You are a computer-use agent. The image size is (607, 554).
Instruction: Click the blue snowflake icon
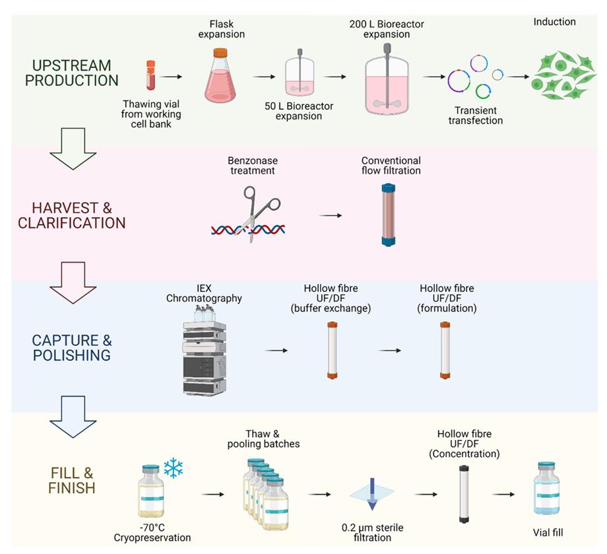[173, 467]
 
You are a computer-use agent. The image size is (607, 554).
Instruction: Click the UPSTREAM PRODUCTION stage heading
[72, 73]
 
